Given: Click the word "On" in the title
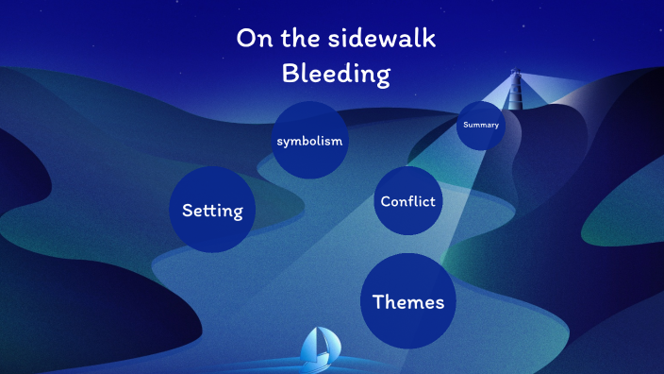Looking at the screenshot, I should pos(250,39).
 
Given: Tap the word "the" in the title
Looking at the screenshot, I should pos(297,39).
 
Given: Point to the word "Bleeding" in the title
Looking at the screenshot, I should pos(336,74).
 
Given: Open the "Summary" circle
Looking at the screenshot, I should pos(481,126).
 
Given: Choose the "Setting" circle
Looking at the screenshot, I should pos(212,210).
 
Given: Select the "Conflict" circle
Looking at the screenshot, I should pos(408,201).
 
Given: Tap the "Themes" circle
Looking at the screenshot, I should pos(408,301).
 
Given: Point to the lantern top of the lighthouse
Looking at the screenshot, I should pos(515,73).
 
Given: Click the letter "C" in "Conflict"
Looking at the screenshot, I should pos(386,201).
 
